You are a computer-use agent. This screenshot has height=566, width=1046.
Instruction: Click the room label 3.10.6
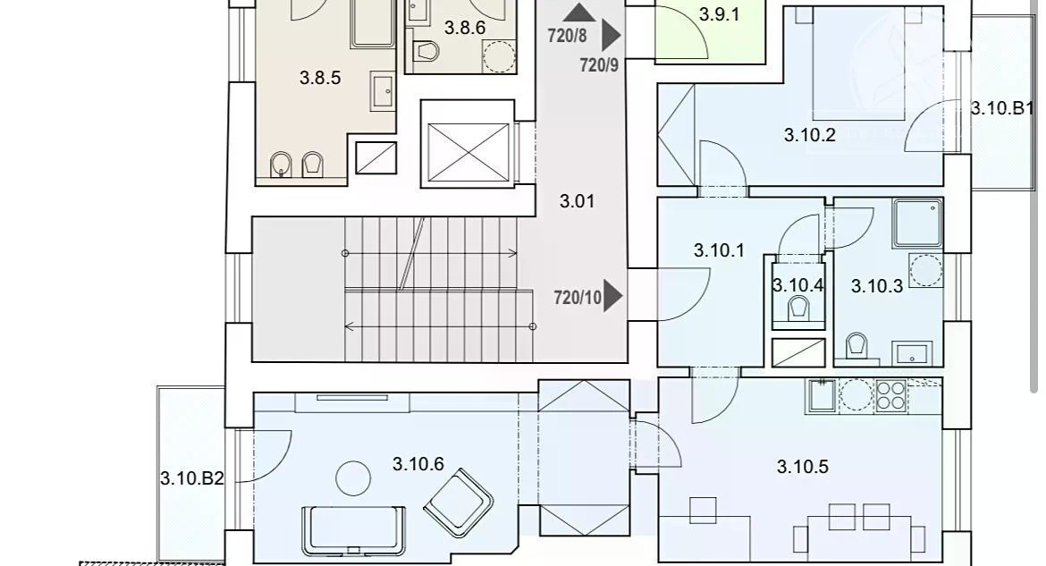[418, 464]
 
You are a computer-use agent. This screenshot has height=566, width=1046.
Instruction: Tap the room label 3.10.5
[803, 467]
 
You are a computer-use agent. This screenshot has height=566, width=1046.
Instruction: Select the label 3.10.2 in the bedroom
[810, 135]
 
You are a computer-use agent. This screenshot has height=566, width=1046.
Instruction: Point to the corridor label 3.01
[577, 201]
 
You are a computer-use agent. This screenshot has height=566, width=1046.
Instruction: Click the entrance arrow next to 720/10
[612, 296]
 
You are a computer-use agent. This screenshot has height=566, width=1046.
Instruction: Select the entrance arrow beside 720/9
[611, 36]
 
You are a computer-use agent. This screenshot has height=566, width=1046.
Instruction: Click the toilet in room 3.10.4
[797, 309]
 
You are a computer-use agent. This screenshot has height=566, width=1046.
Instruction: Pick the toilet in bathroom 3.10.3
[856, 346]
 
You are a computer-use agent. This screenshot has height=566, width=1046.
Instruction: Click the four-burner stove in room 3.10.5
[890, 395]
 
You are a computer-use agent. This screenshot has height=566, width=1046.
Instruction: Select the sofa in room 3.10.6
[353, 531]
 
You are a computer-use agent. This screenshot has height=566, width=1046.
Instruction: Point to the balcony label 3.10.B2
[191, 478]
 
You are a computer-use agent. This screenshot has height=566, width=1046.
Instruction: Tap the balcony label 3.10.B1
[1002, 108]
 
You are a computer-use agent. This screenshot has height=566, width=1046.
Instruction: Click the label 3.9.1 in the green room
[719, 14]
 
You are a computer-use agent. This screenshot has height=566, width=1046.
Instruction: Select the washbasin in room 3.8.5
[384, 92]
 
